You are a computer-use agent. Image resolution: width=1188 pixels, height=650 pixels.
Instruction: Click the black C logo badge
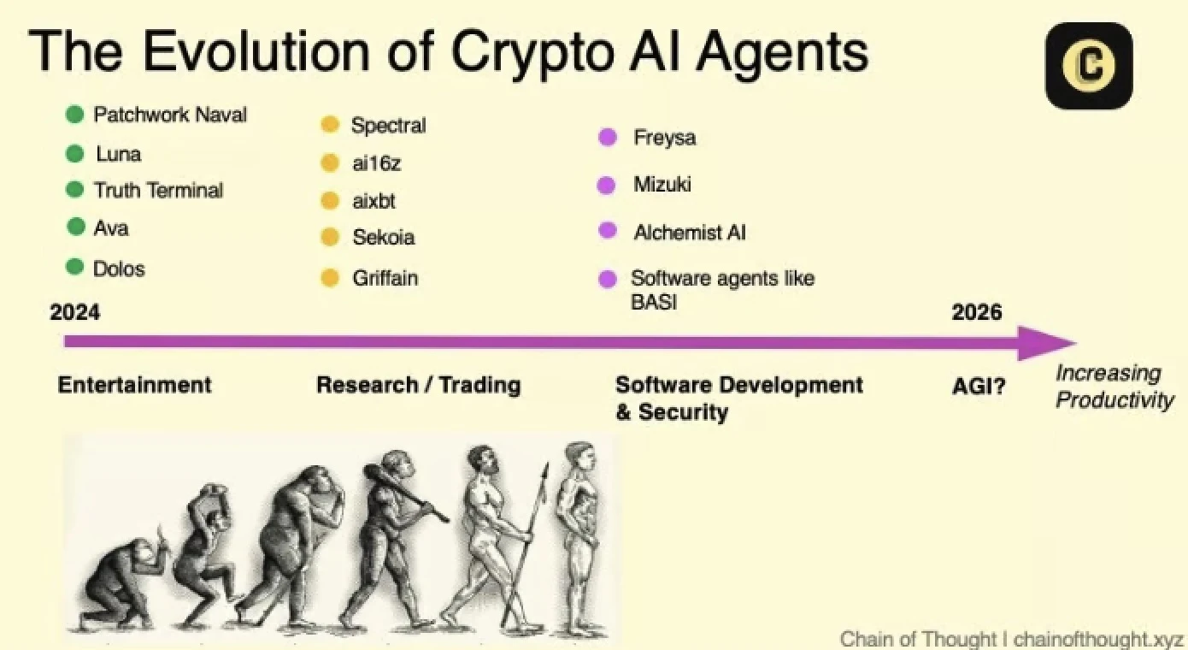tap(1089, 66)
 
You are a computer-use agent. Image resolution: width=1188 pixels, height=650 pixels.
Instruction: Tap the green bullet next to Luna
tap(75, 154)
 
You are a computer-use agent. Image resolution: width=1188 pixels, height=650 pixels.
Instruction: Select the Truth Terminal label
tap(158, 190)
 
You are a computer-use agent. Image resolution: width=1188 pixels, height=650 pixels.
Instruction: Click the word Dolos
tap(119, 269)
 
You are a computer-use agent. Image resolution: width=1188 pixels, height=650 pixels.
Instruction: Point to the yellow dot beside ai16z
tap(330, 162)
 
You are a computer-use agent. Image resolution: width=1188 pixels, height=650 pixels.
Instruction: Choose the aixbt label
tap(373, 201)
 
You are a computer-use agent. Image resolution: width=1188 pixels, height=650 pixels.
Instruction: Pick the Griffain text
tap(385, 278)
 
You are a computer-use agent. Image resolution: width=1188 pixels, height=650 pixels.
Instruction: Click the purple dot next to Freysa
tap(608, 138)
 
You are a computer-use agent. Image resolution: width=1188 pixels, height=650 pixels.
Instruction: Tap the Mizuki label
tap(662, 184)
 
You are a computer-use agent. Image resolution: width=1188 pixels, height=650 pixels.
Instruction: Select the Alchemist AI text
tap(690, 232)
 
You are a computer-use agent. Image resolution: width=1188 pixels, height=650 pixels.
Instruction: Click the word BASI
tap(654, 302)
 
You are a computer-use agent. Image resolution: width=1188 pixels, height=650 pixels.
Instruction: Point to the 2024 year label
tap(75, 312)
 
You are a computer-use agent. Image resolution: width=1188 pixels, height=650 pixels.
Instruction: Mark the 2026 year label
tap(977, 312)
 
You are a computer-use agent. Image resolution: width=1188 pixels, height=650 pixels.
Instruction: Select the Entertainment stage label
tap(134, 385)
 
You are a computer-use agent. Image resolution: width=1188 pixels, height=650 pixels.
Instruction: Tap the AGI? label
tap(979, 387)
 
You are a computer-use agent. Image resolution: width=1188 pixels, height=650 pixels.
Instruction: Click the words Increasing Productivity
tap(1114, 387)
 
